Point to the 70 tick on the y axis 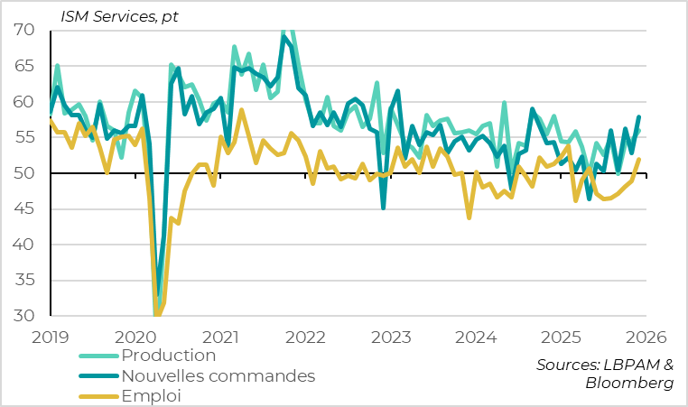(x=23, y=30)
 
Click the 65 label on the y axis (x=23, y=66)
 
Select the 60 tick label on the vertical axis (x=23, y=102)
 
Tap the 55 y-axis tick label (x=23, y=137)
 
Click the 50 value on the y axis (x=23, y=173)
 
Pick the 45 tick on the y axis (x=23, y=208)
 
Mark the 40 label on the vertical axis (x=23, y=245)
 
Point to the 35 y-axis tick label (x=23, y=281)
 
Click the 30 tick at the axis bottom (x=23, y=316)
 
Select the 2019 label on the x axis (x=51, y=338)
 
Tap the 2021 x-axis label (x=220, y=338)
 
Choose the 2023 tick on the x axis (x=389, y=338)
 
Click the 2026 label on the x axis (x=644, y=338)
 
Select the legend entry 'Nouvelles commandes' (x=218, y=375)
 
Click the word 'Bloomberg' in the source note (x=629, y=384)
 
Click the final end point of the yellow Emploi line (x=640, y=160)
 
